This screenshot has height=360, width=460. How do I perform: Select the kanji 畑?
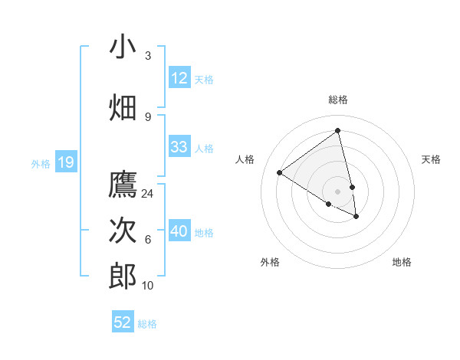[123, 108]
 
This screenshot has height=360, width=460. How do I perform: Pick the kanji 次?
[123, 231]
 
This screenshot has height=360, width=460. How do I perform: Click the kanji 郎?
[123, 277]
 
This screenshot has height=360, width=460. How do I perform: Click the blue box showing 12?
[179, 78]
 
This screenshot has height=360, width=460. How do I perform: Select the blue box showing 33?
[179, 147]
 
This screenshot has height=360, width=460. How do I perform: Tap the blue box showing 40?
[179, 231]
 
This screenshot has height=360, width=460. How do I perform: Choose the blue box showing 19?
[66, 162]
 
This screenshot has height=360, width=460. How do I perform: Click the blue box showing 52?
[123, 322]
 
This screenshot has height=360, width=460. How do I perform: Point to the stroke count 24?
[148, 193]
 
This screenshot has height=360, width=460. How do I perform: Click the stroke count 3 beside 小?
[148, 56]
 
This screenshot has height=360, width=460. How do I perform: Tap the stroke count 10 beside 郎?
[148, 286]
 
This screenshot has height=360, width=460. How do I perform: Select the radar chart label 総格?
[338, 100]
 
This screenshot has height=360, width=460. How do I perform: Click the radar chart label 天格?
[432, 159]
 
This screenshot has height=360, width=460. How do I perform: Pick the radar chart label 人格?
[245, 159]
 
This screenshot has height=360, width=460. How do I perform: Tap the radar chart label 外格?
[270, 262]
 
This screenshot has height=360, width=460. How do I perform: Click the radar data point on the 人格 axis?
[280, 172]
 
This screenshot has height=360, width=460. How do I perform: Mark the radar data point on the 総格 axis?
[338, 131]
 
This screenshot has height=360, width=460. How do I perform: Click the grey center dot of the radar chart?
[338, 191]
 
